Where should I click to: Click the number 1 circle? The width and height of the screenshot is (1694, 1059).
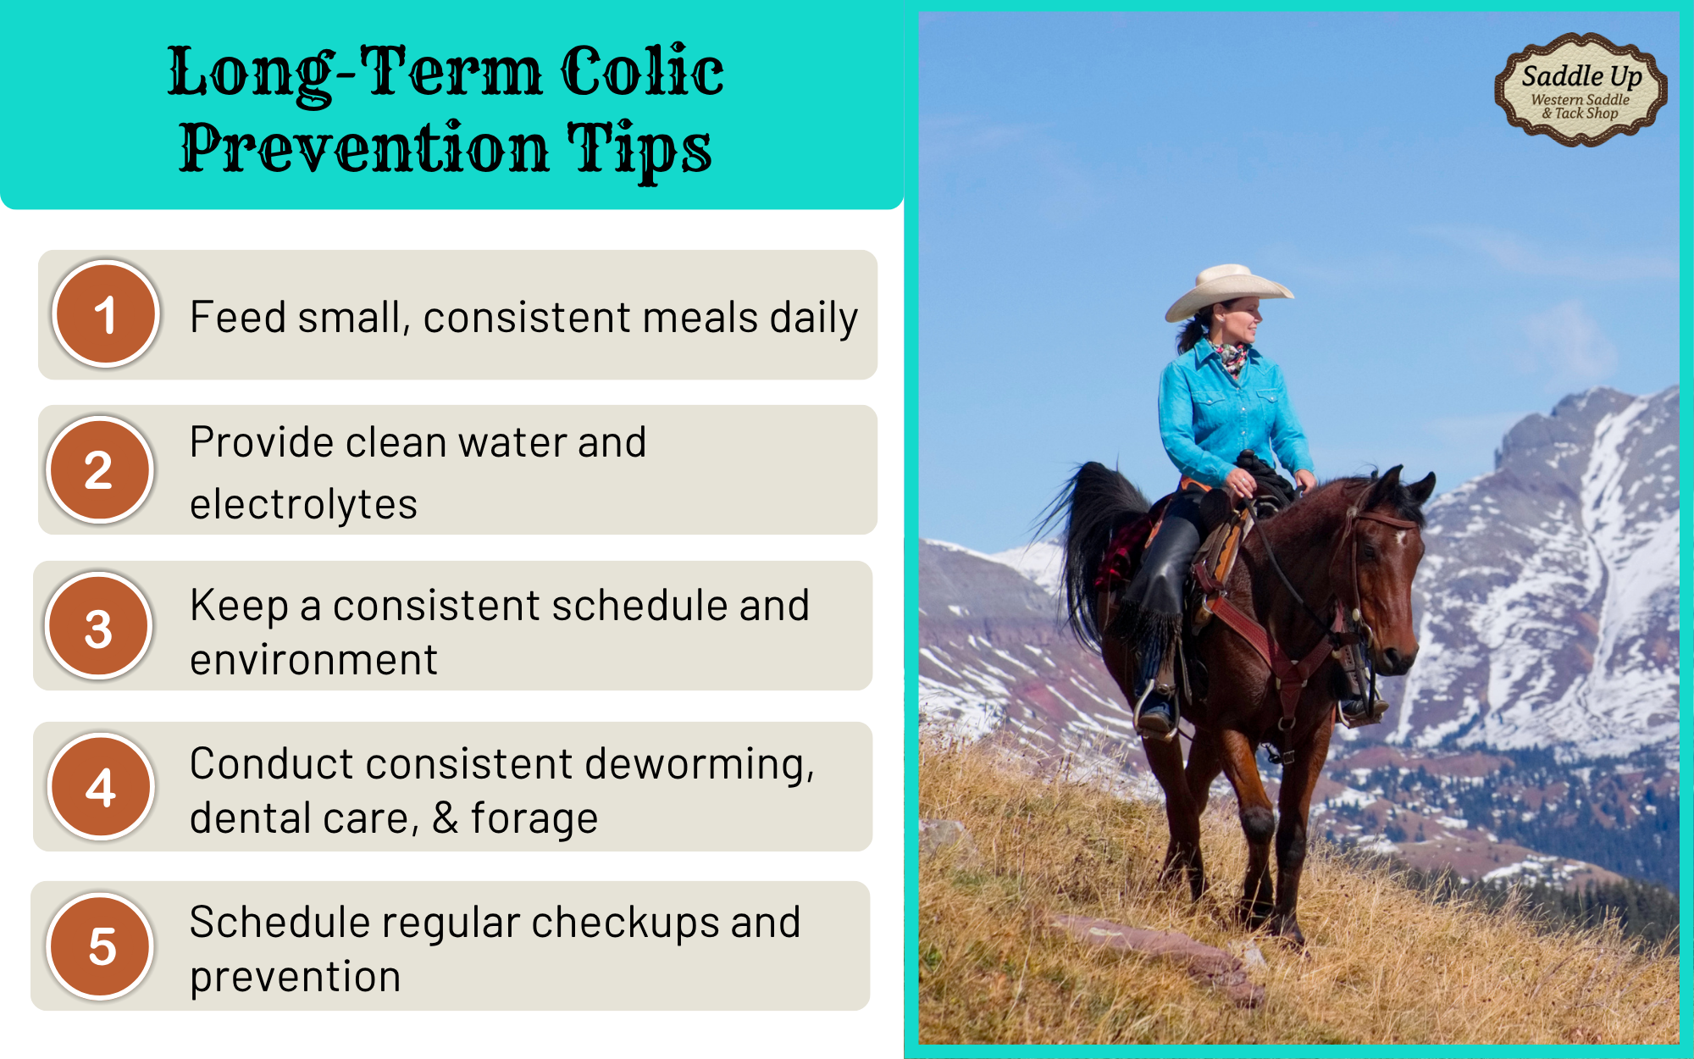click(106, 313)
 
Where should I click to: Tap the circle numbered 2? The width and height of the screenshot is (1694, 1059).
click(100, 469)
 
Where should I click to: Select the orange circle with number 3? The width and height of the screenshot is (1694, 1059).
click(99, 626)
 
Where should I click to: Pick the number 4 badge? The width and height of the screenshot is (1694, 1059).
click(101, 786)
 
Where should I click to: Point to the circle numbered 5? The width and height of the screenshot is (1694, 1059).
click(101, 945)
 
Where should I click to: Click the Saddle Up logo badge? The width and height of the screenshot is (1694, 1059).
click(1581, 90)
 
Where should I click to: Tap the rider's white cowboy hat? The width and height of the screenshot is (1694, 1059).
click(1228, 290)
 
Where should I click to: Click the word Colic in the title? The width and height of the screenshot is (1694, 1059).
click(642, 71)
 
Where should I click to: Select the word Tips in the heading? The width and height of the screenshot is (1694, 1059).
click(639, 148)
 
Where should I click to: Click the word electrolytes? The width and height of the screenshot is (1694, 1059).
click(303, 505)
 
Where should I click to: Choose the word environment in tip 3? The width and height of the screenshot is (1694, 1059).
click(313, 660)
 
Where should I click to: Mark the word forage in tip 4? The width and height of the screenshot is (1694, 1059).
click(534, 819)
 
